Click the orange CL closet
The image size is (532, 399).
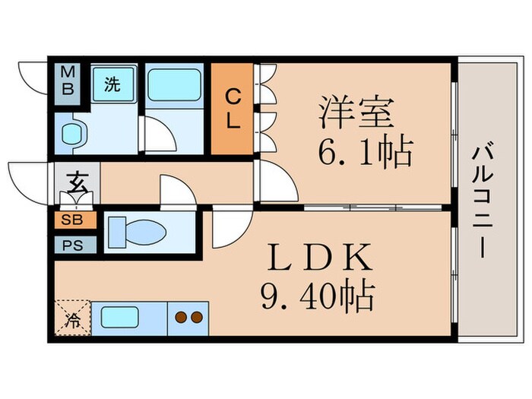[233, 108]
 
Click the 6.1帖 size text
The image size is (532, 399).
[365, 154]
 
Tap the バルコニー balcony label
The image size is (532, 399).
[483, 201]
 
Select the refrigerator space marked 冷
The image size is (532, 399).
[73, 317]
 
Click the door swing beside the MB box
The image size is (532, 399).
[33, 77]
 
